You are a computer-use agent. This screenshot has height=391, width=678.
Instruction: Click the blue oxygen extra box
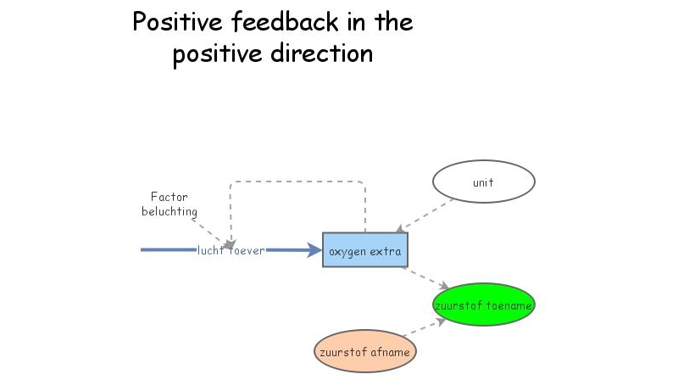[x=364, y=250]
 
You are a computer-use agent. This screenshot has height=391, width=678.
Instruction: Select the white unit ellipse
[x=483, y=182]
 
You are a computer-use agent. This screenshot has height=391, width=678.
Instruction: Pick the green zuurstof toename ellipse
[x=483, y=304]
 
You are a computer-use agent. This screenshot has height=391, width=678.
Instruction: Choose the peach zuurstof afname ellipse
[x=364, y=350]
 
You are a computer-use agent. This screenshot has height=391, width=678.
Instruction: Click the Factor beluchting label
[x=169, y=204]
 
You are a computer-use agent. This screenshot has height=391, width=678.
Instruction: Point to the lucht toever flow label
[x=231, y=250]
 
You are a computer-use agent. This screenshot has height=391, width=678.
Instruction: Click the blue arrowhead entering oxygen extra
[x=315, y=250]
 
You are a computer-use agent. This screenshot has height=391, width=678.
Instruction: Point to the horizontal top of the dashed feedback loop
[x=297, y=181]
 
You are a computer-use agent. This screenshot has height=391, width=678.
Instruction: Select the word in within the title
[x=350, y=22]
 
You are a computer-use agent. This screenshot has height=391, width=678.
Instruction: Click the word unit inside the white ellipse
[x=483, y=182]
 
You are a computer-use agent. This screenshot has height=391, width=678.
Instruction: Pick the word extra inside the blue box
[x=386, y=250]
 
